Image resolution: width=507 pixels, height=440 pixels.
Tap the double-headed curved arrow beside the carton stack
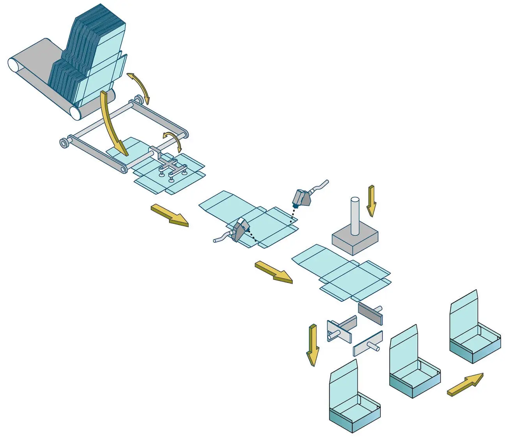[x=138, y=87]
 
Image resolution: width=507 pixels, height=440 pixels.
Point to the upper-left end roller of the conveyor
[x=15, y=64]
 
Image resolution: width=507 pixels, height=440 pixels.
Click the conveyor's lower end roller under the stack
[x=77, y=113]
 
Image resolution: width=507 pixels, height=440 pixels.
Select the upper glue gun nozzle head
[x=301, y=197]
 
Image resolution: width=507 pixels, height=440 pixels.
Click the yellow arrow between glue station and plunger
[x=273, y=272]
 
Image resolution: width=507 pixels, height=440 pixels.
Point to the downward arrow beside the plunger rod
[x=371, y=200]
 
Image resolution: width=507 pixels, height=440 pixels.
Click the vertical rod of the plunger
[x=355, y=216]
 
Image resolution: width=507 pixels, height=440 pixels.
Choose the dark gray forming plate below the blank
[x=370, y=313]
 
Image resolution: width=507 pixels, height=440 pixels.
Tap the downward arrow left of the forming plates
[x=312, y=345]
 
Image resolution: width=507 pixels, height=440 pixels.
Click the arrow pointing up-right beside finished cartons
[x=465, y=385]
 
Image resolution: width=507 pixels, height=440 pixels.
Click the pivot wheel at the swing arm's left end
[x=64, y=143]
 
